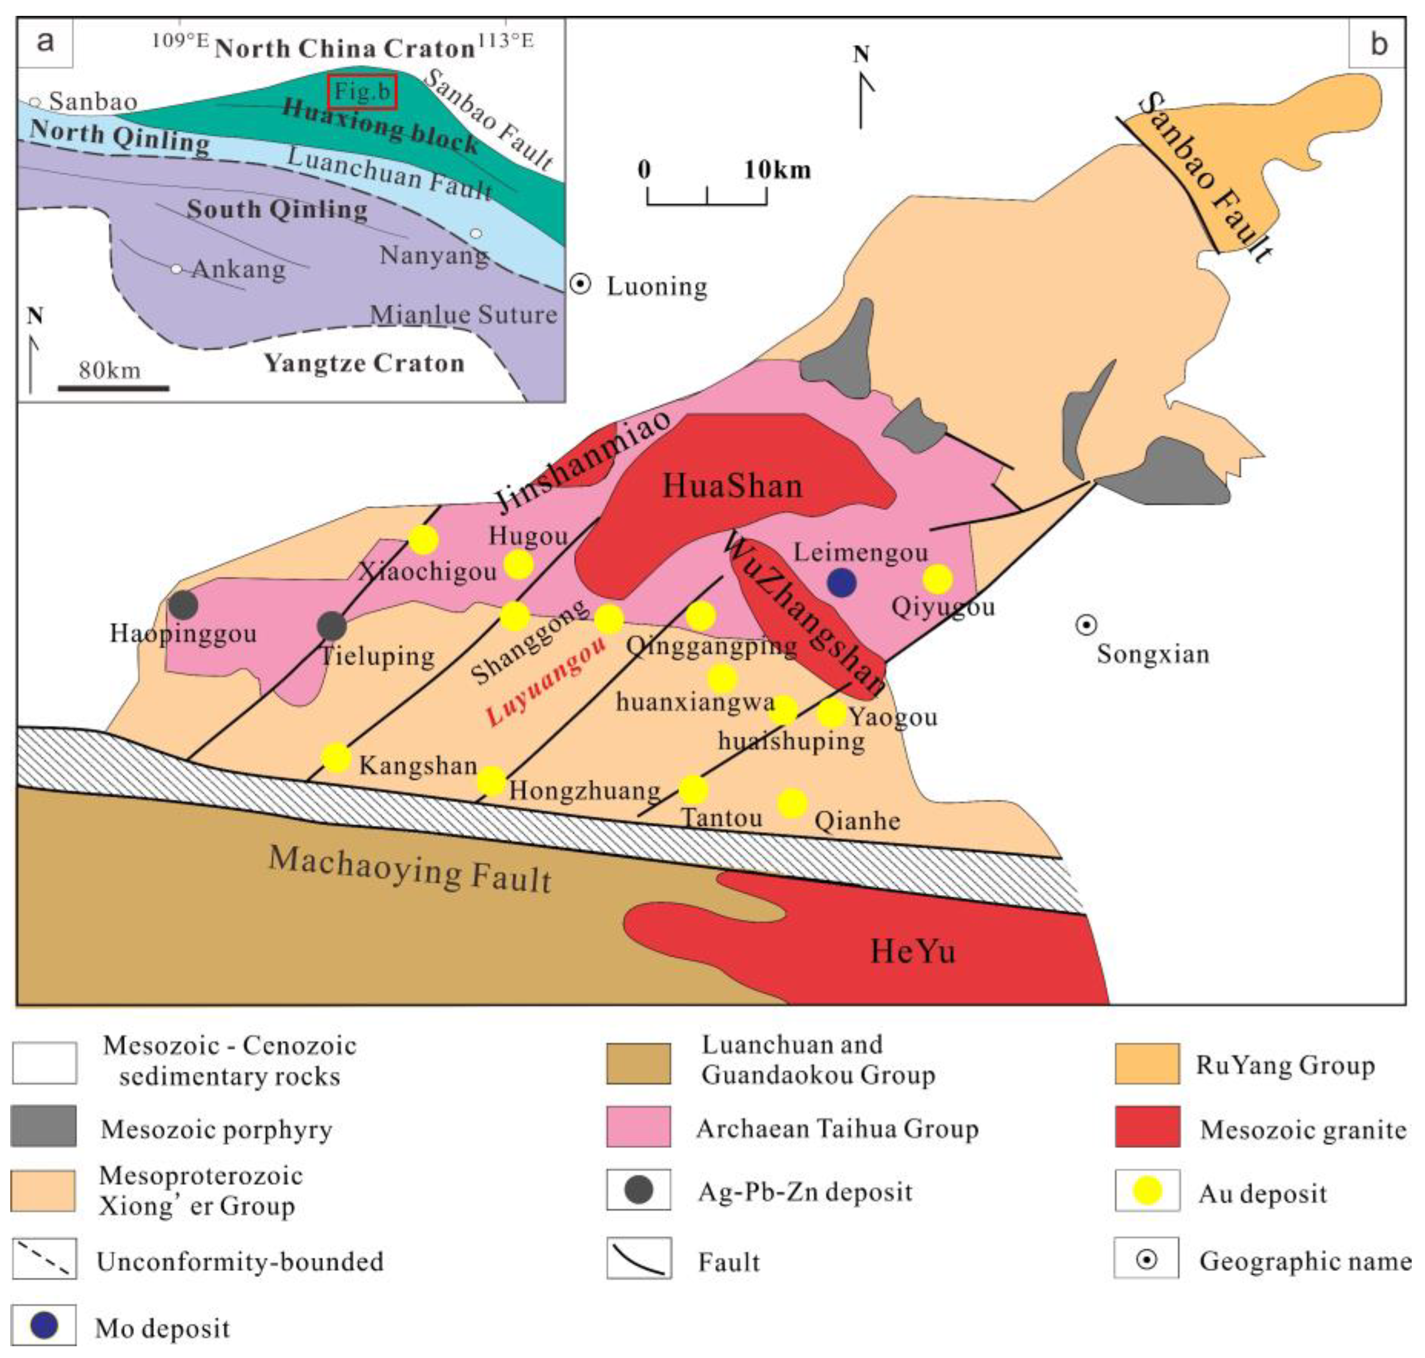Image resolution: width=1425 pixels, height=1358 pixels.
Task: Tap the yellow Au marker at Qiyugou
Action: point(938,579)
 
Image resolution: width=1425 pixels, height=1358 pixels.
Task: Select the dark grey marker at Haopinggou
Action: point(183,605)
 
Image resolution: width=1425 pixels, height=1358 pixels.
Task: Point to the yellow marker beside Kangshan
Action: point(336,758)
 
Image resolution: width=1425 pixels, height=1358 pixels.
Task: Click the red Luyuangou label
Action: point(547,681)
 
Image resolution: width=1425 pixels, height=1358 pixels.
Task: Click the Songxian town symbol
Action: point(1086,625)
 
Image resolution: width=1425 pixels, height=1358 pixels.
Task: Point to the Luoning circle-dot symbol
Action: point(580,284)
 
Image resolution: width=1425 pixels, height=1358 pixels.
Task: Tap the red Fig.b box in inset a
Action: point(362,92)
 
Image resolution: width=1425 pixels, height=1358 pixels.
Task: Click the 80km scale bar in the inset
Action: point(114,388)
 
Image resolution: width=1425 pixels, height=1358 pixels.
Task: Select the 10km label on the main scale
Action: point(777,170)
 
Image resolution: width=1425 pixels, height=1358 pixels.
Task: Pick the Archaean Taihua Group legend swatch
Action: point(638,1126)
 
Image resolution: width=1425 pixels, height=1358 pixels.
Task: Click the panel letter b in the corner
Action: point(1378,43)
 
